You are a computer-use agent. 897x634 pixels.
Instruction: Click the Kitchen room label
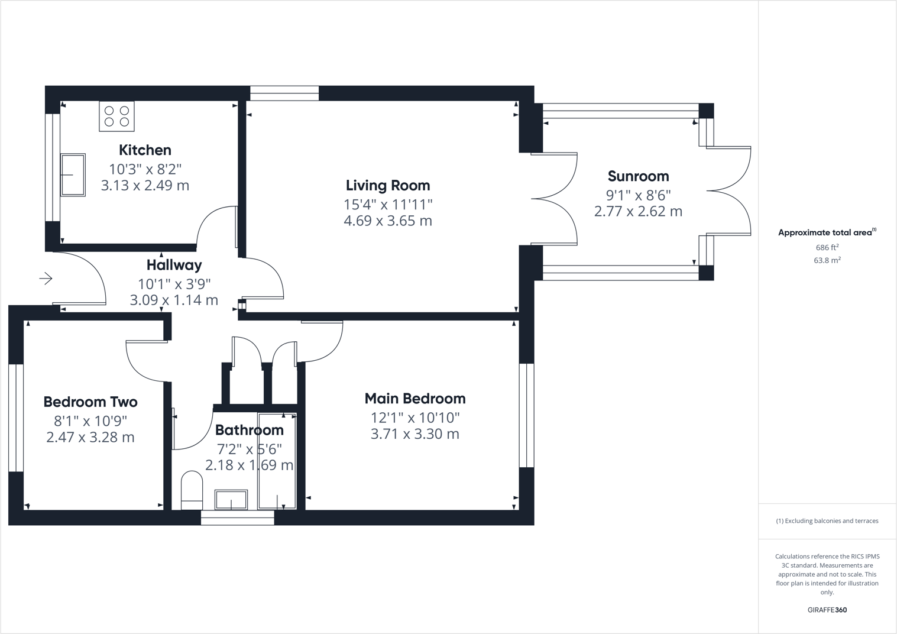[x=145, y=150]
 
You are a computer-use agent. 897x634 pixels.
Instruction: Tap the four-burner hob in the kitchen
[x=116, y=116]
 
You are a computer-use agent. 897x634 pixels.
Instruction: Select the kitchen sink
[x=73, y=175]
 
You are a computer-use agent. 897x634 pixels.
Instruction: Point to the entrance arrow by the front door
[x=46, y=279]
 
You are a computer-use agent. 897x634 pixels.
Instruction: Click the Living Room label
[x=388, y=186]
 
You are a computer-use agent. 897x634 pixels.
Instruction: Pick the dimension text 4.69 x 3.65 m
[x=388, y=221]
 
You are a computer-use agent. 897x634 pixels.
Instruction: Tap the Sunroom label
[x=638, y=176]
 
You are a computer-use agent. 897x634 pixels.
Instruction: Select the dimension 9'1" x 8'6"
[x=638, y=195]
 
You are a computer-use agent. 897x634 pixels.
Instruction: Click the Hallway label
[x=174, y=265]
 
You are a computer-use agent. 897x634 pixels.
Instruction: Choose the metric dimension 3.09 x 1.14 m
[x=174, y=300]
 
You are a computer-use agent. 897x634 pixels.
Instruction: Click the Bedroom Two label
[x=90, y=402]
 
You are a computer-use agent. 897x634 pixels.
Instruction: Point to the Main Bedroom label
[x=415, y=399]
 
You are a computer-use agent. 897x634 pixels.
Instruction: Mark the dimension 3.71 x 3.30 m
[x=415, y=434]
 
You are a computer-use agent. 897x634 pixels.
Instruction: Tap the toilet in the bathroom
[x=192, y=490]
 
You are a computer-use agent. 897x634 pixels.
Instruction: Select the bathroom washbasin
[x=231, y=500]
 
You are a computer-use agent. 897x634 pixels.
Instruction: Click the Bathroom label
[x=249, y=430]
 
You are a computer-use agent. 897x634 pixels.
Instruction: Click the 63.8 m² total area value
[x=827, y=260]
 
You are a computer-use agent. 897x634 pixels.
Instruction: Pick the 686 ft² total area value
[x=827, y=248]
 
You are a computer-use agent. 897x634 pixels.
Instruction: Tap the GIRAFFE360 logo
[x=827, y=610]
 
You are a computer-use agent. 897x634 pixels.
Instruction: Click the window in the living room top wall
[x=284, y=93]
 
